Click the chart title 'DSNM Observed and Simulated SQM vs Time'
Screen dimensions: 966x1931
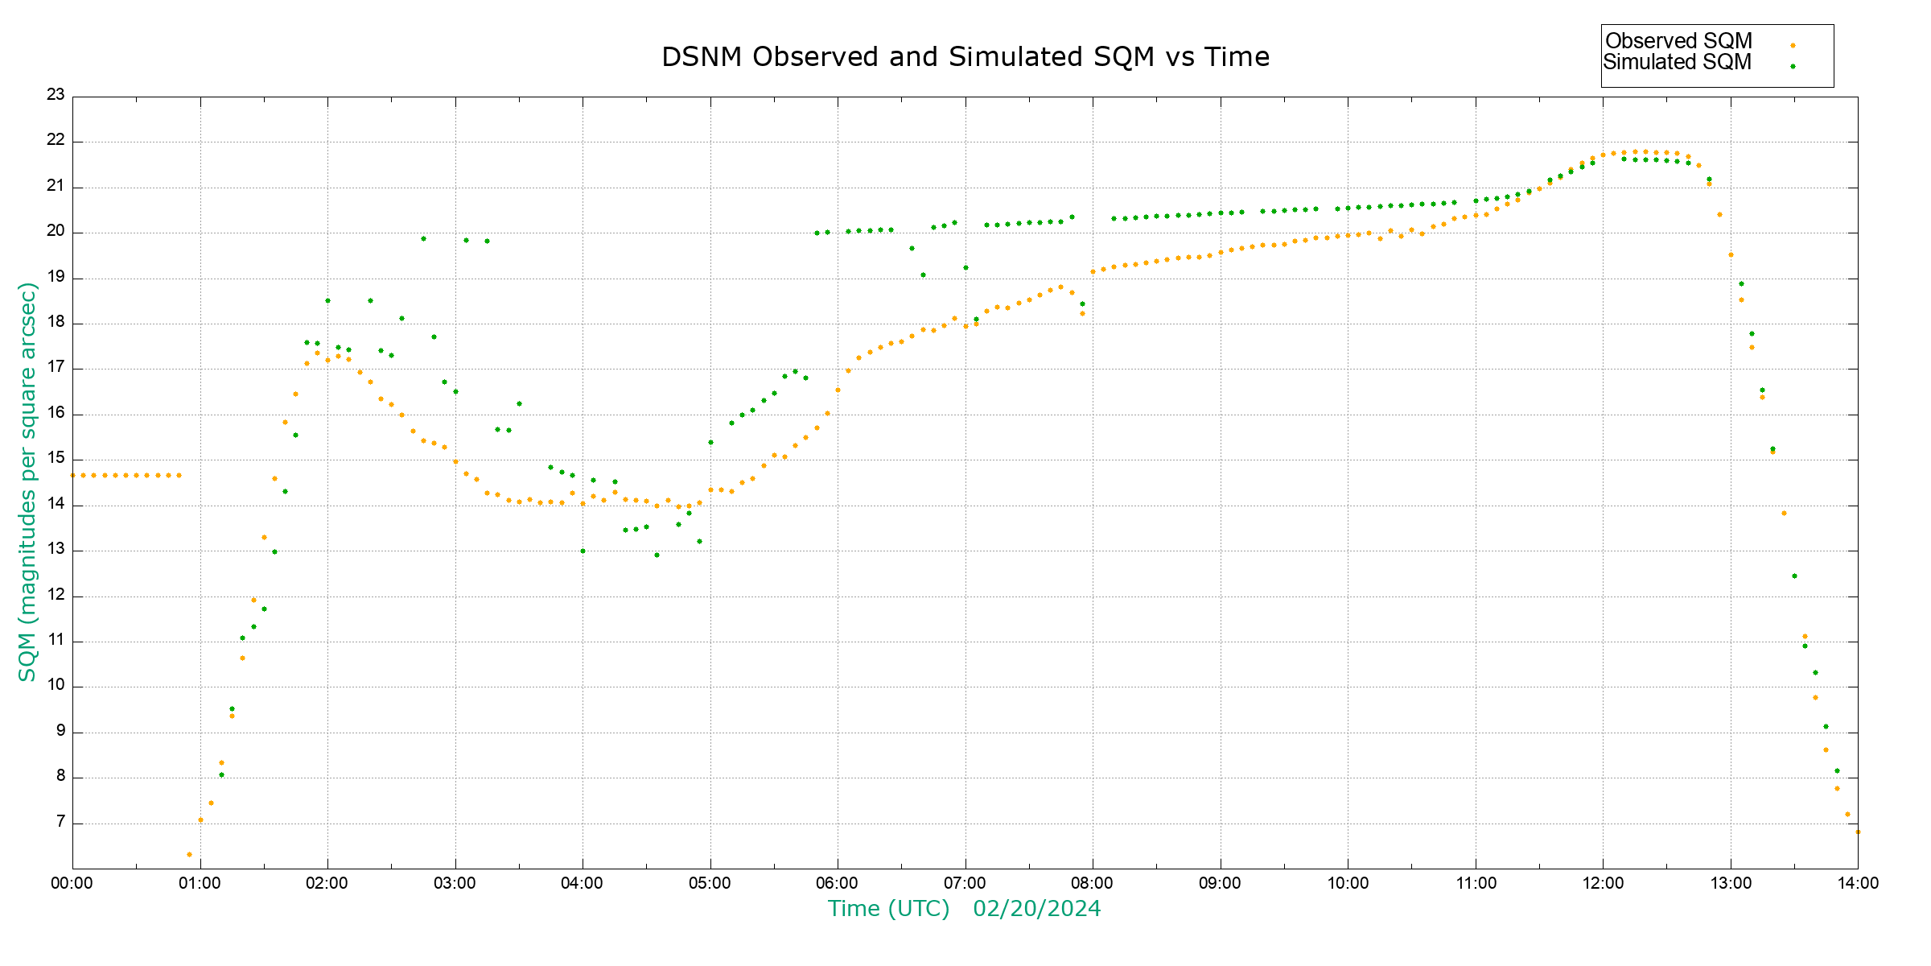coord(965,57)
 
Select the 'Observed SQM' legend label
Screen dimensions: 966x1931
coord(1678,41)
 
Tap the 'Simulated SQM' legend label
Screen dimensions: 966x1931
coord(1677,62)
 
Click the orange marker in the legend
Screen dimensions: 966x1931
coord(1793,46)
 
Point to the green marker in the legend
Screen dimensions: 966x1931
coord(1793,67)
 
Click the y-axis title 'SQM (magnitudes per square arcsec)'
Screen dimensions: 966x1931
coord(27,481)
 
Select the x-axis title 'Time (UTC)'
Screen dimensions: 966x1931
coord(888,909)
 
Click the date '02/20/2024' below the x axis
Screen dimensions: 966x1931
coord(1036,909)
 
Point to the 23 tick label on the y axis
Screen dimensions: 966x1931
coord(56,95)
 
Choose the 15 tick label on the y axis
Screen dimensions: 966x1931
coord(56,459)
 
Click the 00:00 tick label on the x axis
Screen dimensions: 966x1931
coord(72,883)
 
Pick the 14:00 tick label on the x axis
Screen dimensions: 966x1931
coord(1858,883)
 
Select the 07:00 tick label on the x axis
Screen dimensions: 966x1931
coord(965,883)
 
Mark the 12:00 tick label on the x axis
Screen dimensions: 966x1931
coord(1603,883)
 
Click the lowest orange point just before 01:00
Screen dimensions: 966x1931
coord(189,854)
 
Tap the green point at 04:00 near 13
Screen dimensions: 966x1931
coord(583,551)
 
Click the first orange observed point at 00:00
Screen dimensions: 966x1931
coord(73,476)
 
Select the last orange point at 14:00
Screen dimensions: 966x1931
coord(1857,832)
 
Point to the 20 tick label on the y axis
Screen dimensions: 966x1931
coord(56,232)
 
